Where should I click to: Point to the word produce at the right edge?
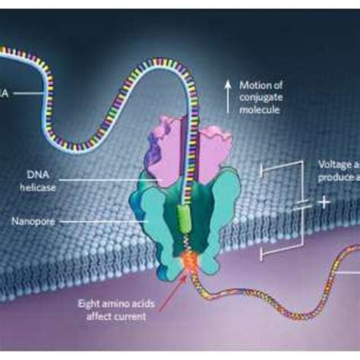336,176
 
